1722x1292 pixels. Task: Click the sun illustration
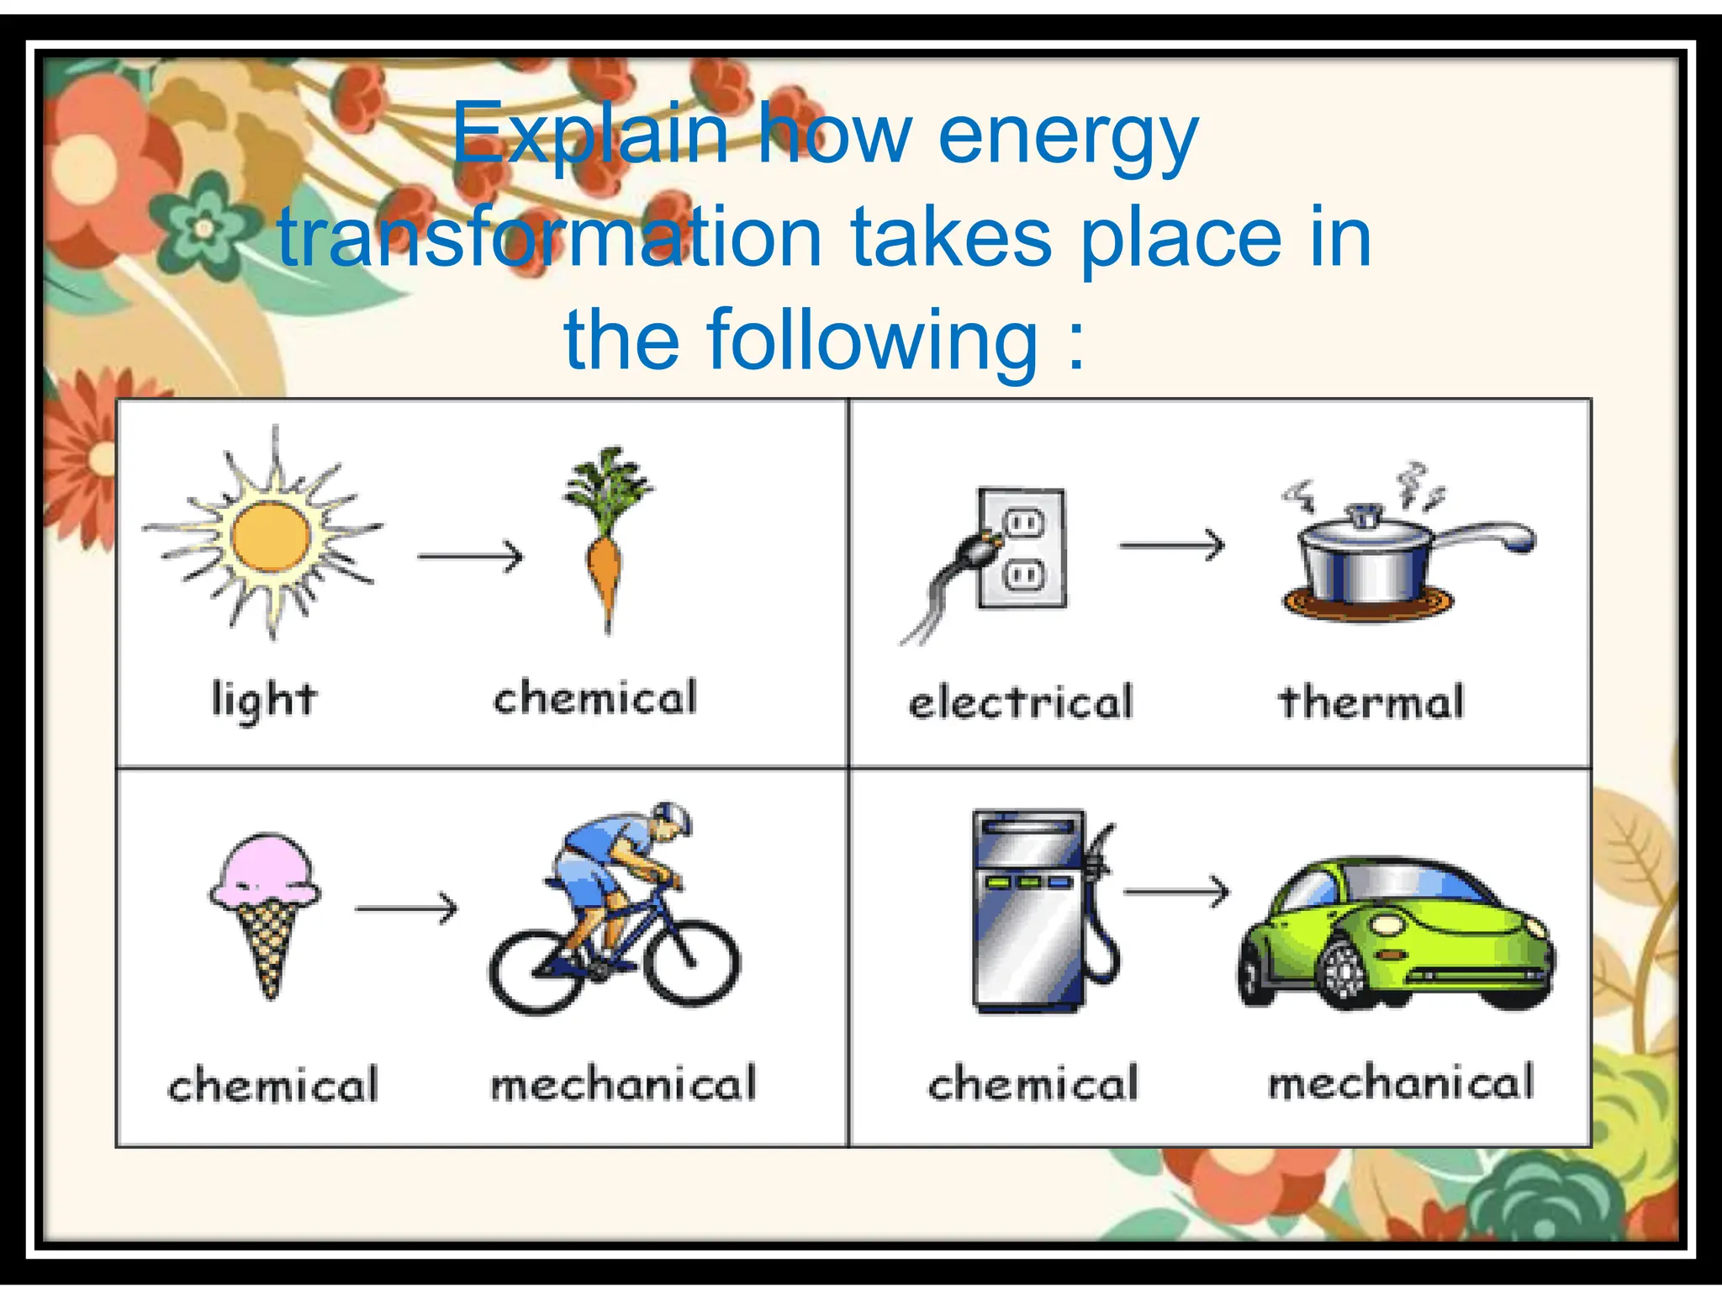[271, 536]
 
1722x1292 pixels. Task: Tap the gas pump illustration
[1034, 908]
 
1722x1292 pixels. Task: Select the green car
[1396, 934]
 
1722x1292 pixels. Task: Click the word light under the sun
[264, 701]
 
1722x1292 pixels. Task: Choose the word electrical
[1021, 702]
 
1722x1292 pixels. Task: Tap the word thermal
[1371, 702]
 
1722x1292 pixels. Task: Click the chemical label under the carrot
[595, 698]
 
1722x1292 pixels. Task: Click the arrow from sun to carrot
[471, 556]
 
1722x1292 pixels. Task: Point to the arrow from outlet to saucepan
[1172, 546]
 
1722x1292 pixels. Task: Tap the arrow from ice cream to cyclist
[407, 908]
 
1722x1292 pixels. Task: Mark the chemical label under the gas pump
[1033, 1084]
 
